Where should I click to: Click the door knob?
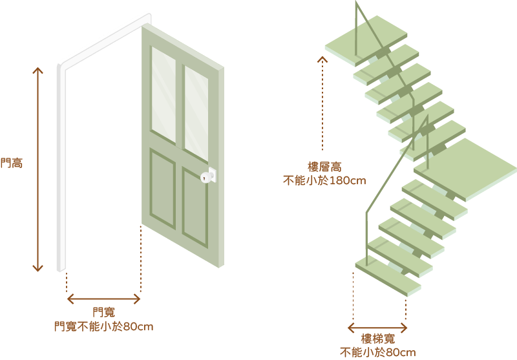[208, 175]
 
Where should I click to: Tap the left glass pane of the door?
[164, 89]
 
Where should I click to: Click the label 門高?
[11, 163]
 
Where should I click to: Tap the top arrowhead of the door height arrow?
[37, 70]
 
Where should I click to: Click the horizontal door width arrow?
[103, 299]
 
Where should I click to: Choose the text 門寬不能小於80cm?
[103, 326]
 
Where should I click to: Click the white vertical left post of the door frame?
[61, 168]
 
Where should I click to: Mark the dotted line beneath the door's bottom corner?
[141, 259]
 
